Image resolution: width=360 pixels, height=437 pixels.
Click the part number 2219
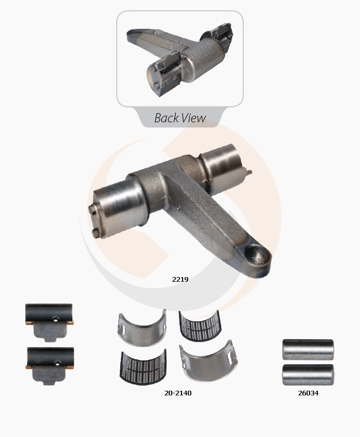point(180,279)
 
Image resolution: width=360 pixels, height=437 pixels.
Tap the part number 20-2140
point(178,393)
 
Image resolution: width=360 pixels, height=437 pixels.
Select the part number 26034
point(308,393)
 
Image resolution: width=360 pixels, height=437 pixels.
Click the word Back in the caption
point(167,118)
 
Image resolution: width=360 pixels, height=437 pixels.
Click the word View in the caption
point(194,118)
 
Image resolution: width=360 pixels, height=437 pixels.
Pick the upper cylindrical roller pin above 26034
point(308,350)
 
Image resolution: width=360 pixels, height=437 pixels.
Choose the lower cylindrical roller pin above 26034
point(308,375)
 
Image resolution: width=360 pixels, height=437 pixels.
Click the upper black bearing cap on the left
point(49,322)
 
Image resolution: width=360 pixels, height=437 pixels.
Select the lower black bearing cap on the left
point(50,366)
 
